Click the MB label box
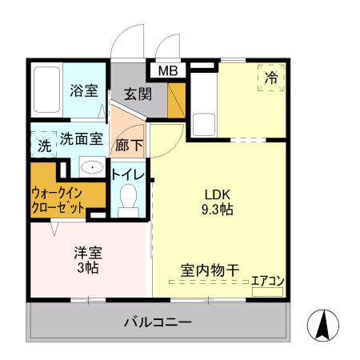tap(169, 71)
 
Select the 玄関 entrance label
tap(138, 93)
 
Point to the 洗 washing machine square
tap(44, 147)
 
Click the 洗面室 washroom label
tap(82, 138)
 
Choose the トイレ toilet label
tap(127, 174)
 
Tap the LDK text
tap(217, 194)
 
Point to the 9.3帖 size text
tap(217, 210)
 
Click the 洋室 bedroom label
tap(88, 254)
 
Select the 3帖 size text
tap(88, 270)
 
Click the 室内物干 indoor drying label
tap(210, 270)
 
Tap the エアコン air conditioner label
tap(268, 281)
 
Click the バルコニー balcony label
tap(158, 323)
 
